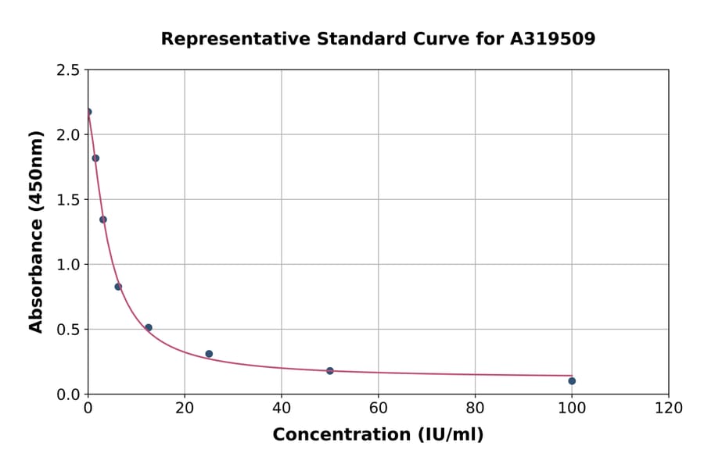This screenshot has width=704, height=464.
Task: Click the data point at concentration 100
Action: (572, 381)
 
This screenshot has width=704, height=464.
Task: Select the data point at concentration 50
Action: (330, 371)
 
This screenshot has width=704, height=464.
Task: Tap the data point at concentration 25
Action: (209, 354)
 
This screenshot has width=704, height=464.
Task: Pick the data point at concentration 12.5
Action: (149, 327)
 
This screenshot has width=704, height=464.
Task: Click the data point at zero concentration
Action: (88, 112)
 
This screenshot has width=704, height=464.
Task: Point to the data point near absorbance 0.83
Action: (118, 287)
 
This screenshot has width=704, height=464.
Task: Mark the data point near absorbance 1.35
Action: (103, 220)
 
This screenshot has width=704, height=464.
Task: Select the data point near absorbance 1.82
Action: (95, 158)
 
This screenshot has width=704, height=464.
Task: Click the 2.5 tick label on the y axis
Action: (67, 70)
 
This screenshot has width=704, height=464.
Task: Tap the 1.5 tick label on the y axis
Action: (67, 200)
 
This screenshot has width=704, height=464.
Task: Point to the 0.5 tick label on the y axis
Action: (67, 330)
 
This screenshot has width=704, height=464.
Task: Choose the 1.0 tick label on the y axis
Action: (67, 265)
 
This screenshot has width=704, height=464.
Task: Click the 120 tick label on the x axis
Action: (669, 409)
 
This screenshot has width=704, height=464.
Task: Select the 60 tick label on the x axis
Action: (379, 409)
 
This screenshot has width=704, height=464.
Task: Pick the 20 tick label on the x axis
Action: (185, 409)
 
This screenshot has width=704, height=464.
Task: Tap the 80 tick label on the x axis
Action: (475, 409)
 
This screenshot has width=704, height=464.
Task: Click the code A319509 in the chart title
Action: (553, 39)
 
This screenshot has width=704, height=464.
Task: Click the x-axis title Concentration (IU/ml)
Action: (378, 435)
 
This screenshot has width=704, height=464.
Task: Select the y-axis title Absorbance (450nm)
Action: (36, 231)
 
